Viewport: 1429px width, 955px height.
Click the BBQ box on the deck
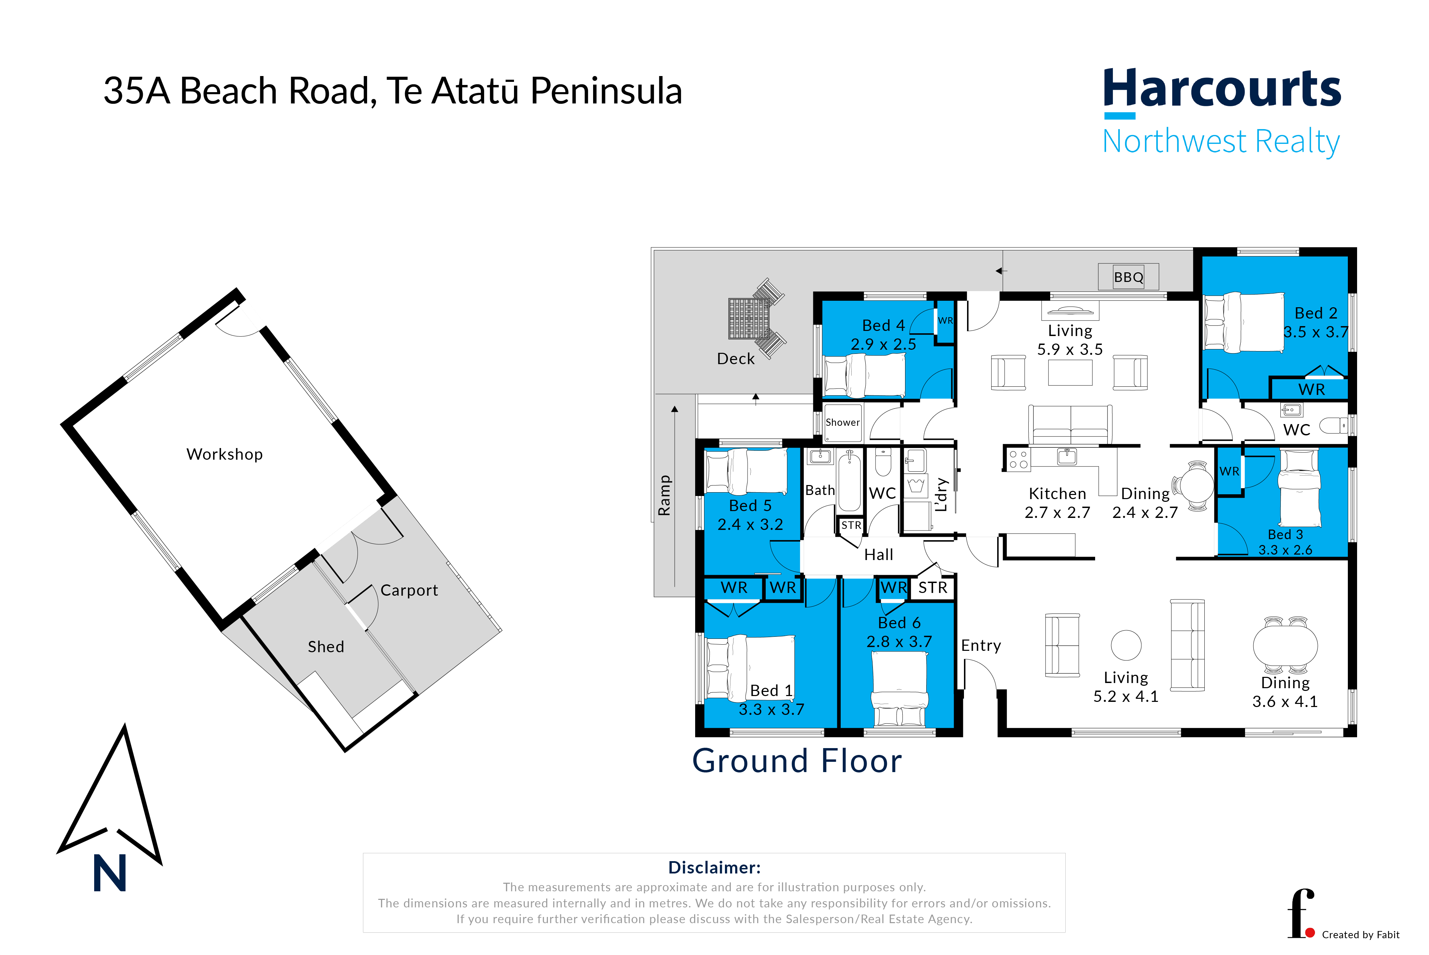pos(1128,277)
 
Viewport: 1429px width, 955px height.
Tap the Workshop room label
pos(225,454)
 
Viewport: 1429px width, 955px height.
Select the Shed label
pos(326,647)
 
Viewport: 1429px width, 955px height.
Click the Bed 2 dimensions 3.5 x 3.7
pos(1316,332)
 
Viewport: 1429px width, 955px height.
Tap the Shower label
pos(843,422)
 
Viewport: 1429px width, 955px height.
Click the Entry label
pos(981,646)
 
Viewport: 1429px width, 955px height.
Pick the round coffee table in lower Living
pos(1126,645)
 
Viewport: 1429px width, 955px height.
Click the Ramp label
pos(664,495)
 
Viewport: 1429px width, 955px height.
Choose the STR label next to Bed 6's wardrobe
pos(933,588)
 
